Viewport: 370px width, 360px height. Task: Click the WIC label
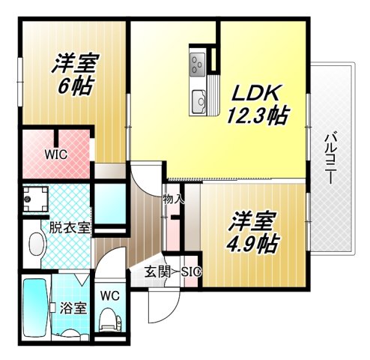click(x=55, y=155)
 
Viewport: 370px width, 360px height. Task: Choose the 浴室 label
click(x=73, y=307)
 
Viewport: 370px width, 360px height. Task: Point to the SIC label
click(x=189, y=271)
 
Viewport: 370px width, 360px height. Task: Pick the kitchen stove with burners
click(x=198, y=64)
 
